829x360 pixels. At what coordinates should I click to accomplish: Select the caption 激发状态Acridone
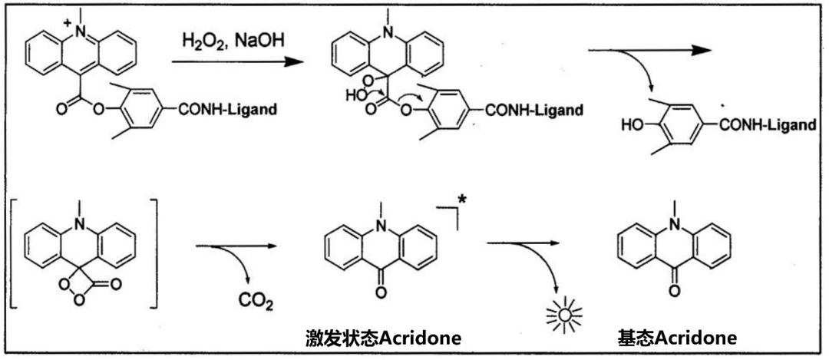click(383, 339)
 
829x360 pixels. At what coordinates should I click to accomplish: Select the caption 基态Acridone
click(677, 339)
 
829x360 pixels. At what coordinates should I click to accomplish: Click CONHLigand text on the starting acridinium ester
click(228, 111)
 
